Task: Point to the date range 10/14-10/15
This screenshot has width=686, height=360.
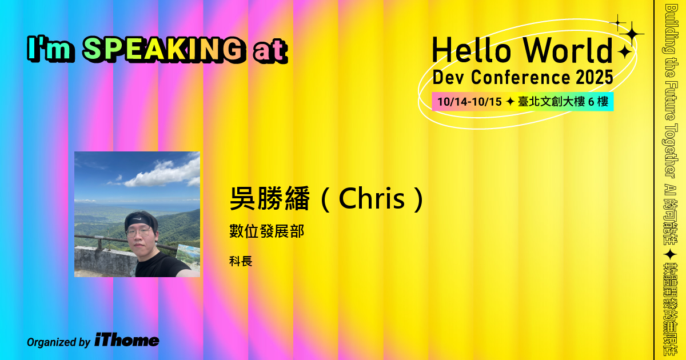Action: [469, 102]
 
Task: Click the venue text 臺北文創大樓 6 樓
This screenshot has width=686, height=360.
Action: [563, 102]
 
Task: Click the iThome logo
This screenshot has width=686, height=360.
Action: [127, 340]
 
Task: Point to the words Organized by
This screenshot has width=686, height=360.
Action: [58, 342]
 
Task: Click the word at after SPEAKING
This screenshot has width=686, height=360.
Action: [269, 51]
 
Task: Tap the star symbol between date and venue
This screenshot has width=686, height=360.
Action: [509, 102]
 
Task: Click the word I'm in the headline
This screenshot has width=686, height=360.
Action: [51, 50]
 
